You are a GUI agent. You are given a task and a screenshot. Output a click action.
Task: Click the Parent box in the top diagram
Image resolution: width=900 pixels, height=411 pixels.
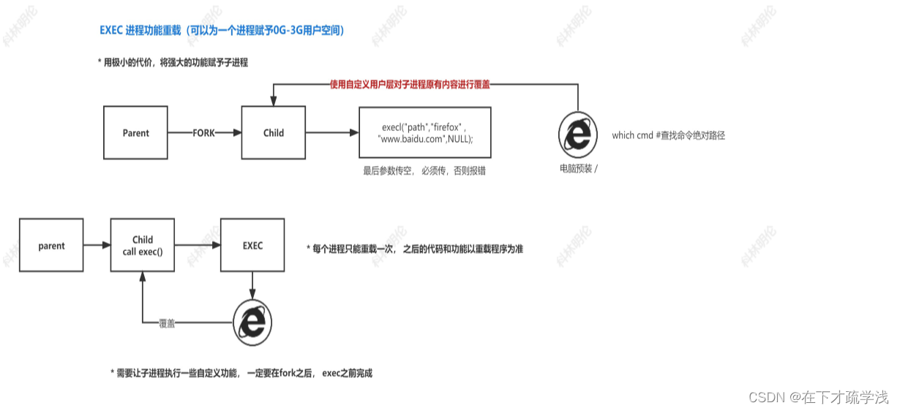click(135, 133)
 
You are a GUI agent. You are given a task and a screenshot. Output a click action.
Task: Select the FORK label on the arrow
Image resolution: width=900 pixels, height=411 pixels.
click(204, 133)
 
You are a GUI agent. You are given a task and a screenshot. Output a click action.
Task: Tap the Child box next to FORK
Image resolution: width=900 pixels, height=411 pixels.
click(274, 133)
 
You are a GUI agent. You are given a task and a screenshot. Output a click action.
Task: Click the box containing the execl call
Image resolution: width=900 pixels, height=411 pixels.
click(424, 132)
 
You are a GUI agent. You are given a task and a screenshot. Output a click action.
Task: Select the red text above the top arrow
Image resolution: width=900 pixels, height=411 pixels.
click(410, 85)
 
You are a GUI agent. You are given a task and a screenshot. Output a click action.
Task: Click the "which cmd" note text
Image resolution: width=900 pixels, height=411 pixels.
click(668, 135)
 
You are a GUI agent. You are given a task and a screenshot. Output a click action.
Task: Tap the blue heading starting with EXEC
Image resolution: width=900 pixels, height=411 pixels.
click(222, 31)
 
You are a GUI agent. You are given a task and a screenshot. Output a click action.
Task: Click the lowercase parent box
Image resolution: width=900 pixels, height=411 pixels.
click(51, 246)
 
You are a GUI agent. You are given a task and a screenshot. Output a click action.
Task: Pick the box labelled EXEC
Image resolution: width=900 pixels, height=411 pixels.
click(252, 246)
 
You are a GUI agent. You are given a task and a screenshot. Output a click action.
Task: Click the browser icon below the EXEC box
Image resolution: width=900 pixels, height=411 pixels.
click(253, 323)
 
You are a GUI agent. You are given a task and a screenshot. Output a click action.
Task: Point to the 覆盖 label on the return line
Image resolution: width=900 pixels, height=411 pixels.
click(167, 323)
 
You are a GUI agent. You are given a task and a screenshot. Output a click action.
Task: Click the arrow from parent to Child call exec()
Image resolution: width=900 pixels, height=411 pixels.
click(97, 246)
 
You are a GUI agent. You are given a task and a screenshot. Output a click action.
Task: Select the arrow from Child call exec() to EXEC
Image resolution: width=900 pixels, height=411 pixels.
click(198, 246)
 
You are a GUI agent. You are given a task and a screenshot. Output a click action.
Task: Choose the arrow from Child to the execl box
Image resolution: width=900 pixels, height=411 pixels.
click(332, 133)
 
